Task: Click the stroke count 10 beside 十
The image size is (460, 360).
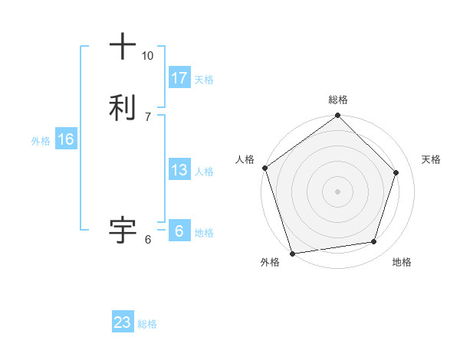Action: click(x=148, y=56)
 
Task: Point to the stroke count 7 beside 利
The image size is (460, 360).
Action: click(x=148, y=116)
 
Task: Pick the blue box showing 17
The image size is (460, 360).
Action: click(x=179, y=78)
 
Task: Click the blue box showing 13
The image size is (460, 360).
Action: click(x=179, y=170)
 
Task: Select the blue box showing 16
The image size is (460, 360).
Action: click(x=66, y=139)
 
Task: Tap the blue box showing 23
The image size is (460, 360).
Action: click(x=123, y=322)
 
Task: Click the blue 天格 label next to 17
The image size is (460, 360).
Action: click(x=204, y=80)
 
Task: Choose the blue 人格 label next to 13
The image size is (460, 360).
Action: click(x=204, y=172)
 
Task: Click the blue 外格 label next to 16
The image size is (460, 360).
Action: click(x=41, y=141)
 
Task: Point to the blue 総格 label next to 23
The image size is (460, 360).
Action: click(x=147, y=324)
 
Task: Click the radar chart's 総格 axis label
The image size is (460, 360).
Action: click(x=338, y=100)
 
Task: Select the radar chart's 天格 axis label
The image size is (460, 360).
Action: click(x=432, y=159)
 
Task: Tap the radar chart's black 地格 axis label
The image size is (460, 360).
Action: click(x=402, y=263)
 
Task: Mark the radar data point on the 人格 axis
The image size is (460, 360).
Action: click(x=264, y=168)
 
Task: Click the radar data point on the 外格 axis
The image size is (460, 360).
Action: click(x=292, y=253)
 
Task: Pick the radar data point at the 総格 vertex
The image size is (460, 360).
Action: click(x=338, y=116)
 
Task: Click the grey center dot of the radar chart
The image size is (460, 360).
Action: click(x=338, y=191)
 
